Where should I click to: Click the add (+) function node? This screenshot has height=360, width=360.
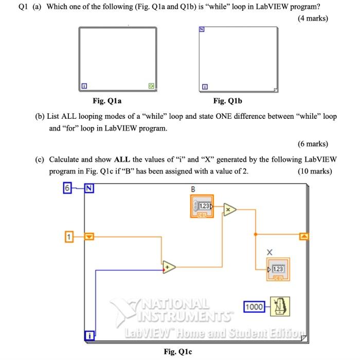click(170, 267)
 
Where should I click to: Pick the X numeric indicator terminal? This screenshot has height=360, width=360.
click(278, 269)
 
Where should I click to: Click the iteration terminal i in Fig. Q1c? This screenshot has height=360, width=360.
click(89, 336)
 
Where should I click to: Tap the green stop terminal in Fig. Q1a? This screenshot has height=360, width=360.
click(150, 86)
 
